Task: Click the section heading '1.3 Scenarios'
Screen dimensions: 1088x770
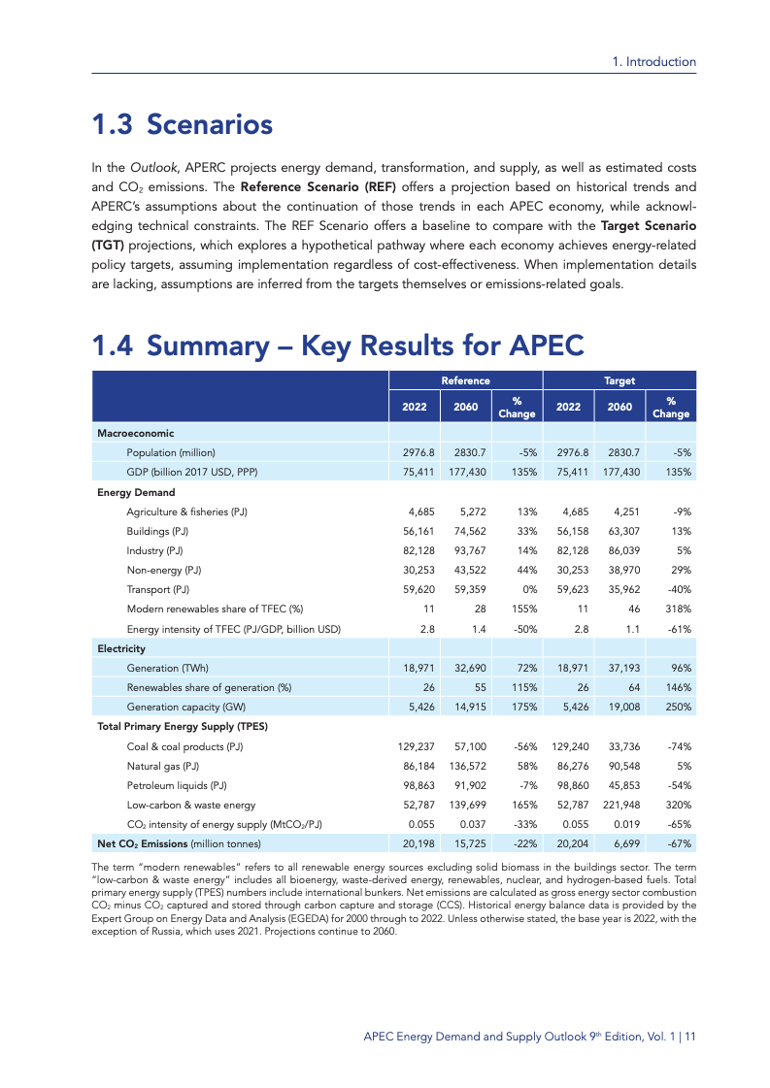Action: (182, 125)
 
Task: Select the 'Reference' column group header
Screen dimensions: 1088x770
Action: (465, 380)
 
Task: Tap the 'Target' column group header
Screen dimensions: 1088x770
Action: (619, 380)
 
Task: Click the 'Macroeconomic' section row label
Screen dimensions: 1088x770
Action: (135, 433)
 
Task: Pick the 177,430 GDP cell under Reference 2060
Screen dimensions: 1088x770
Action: (466, 472)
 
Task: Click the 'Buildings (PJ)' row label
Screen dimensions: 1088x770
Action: (157, 531)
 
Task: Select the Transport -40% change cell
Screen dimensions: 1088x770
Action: (678, 589)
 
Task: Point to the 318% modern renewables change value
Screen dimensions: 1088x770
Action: (677, 609)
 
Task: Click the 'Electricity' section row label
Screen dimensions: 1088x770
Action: (121, 648)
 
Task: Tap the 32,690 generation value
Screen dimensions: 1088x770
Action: (466, 668)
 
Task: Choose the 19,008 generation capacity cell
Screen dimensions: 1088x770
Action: (619, 707)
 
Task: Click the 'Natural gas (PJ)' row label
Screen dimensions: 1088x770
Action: (163, 766)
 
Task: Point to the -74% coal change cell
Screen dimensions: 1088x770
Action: (677, 746)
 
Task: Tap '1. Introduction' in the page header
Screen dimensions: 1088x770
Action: (654, 61)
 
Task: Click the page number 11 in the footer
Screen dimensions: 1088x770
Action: (689, 1037)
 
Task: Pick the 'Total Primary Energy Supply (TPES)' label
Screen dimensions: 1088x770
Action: (183, 726)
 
